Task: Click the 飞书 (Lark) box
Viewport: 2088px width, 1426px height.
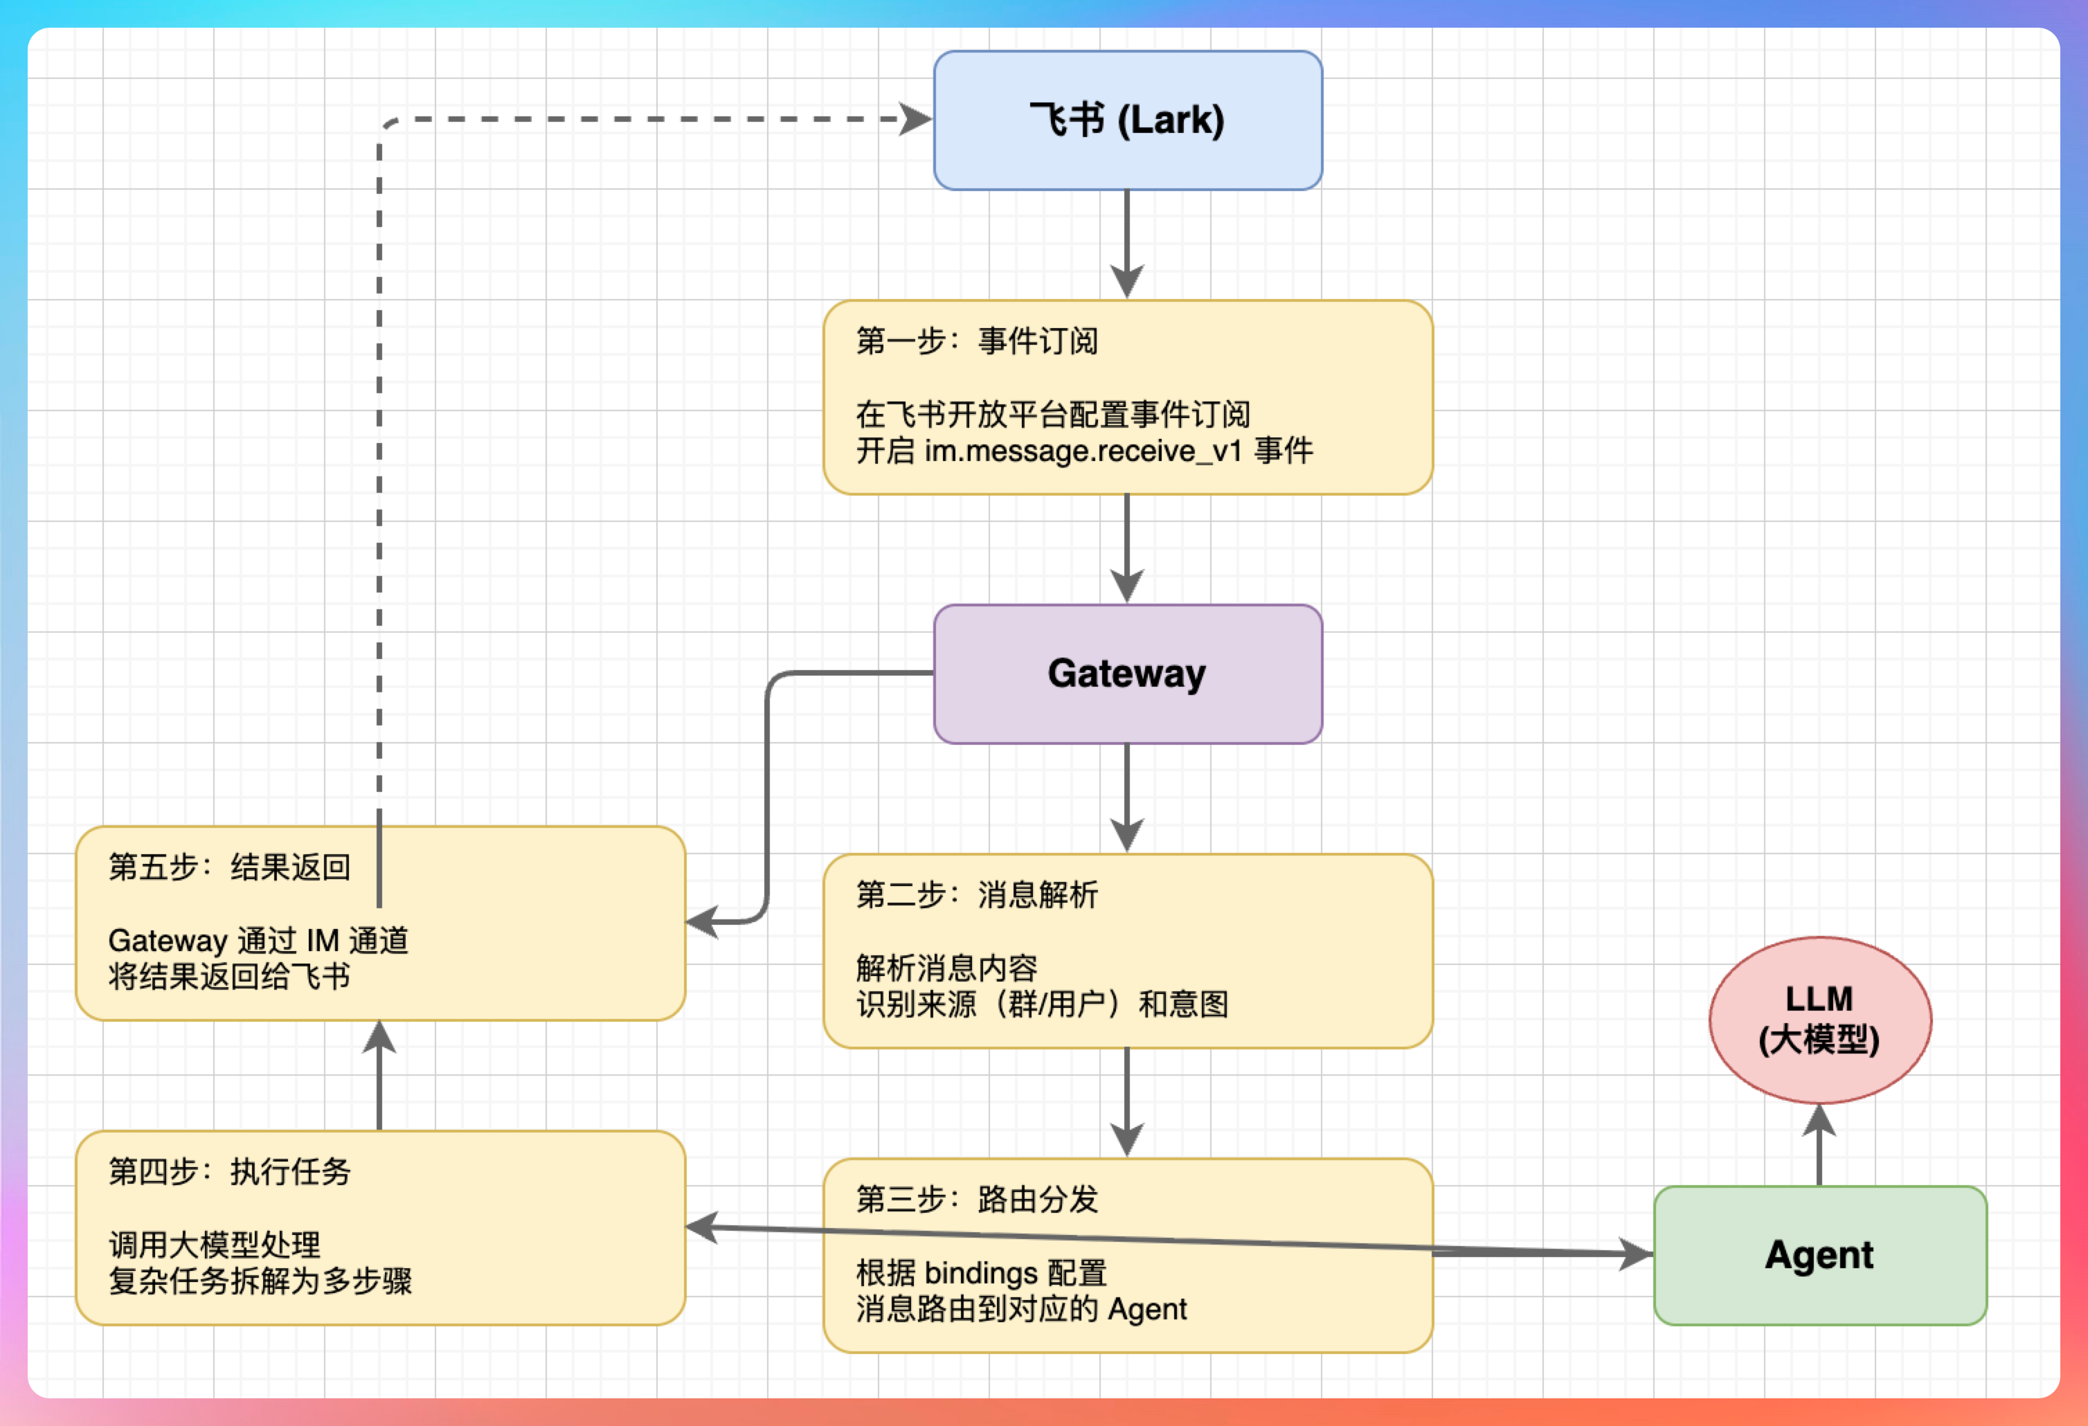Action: click(x=1128, y=120)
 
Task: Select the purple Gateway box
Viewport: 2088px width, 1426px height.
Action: click(x=1128, y=674)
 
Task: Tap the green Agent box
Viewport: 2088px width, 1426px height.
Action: click(x=1819, y=1255)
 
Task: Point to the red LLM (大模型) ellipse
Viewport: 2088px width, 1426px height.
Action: click(x=1819, y=1020)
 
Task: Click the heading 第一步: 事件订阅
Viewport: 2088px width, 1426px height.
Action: click(x=977, y=341)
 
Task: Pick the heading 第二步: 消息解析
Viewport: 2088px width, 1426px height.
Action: click(x=977, y=895)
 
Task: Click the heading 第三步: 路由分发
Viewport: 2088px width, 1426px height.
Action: click(x=977, y=1200)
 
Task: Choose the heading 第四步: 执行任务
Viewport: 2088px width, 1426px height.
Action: click(x=229, y=1172)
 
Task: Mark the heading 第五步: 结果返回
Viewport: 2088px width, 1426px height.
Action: click(x=229, y=867)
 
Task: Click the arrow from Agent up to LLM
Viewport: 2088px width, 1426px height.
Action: click(x=1819, y=1146)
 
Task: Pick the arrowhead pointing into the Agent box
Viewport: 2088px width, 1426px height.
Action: click(x=1635, y=1254)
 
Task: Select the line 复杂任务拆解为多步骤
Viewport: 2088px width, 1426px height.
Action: click(x=260, y=1281)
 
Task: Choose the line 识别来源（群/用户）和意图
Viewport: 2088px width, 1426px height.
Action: click(x=1042, y=1004)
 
